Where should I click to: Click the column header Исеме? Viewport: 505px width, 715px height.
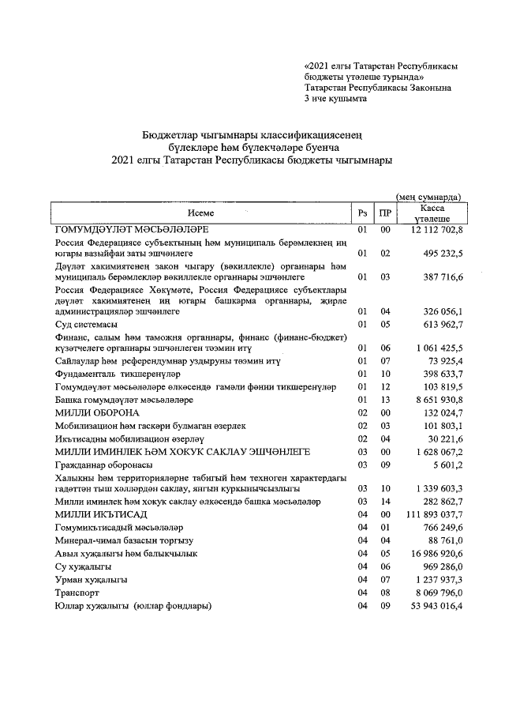200,213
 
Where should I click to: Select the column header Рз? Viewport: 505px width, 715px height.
362,213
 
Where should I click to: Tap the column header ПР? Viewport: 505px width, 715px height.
384,213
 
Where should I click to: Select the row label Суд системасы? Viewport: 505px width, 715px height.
86,325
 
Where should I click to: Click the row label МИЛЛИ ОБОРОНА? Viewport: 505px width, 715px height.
97,412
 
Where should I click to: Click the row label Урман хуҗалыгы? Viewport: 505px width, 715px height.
91,580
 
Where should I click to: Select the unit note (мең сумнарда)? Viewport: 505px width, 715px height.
428,197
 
